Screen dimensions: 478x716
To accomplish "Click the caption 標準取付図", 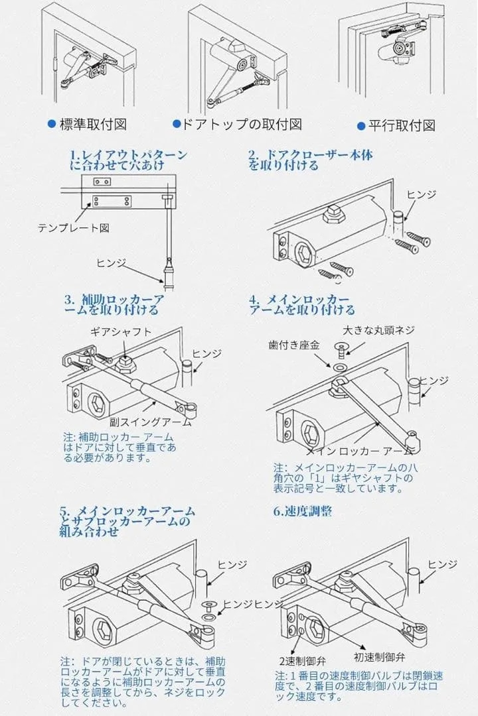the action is (x=94, y=125).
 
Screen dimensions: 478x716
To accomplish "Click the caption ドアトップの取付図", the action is (x=242, y=124).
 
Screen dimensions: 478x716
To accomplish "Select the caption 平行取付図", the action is (x=402, y=125).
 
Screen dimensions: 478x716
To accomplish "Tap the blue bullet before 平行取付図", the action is (x=361, y=126).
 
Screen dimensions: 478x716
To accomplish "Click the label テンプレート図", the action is (x=74, y=227).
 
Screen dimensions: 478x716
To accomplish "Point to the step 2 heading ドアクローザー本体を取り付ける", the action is (x=310, y=160).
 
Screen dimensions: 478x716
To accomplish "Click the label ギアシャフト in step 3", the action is (x=121, y=332).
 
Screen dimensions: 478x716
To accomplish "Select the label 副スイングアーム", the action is (x=150, y=422).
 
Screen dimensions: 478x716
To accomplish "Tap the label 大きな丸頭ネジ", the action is (x=378, y=329).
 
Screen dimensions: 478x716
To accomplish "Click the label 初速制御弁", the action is (x=379, y=657).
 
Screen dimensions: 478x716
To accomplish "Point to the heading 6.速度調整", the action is (x=303, y=511).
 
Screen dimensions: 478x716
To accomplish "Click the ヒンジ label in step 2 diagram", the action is (x=422, y=194).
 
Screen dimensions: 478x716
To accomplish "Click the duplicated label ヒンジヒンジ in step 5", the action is (x=253, y=604).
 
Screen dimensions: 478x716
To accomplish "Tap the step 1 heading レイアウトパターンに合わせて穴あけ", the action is (x=129, y=160).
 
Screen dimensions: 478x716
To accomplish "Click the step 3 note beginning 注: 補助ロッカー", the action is (x=119, y=447).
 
